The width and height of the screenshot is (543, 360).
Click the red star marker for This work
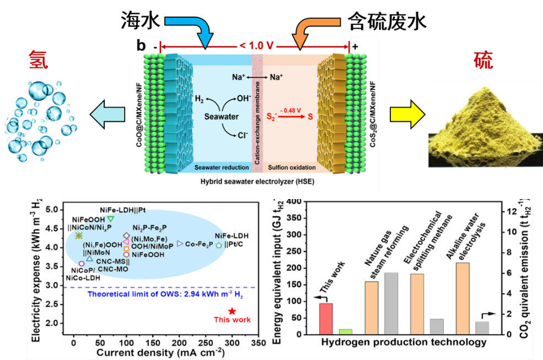pyautogui.click(x=232, y=311)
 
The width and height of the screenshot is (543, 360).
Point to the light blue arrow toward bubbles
pyautogui.click(x=110, y=115)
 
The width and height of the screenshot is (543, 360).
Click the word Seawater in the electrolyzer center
pyautogui.click(x=221, y=117)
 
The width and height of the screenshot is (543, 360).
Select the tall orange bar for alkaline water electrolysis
pyautogui.click(x=463, y=298)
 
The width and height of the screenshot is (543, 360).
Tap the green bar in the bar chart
pyautogui.click(x=346, y=331)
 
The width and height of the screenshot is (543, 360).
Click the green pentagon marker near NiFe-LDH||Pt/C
pyautogui.click(x=219, y=245)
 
